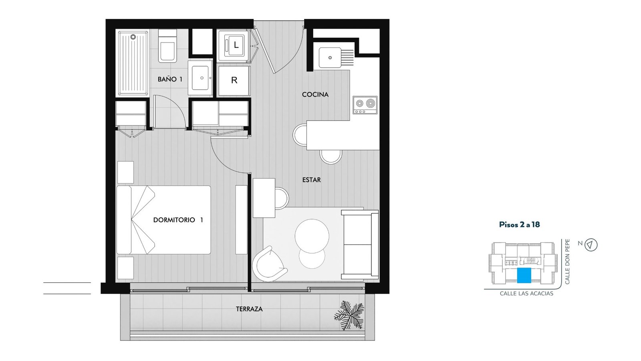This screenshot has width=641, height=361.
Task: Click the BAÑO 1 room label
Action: click(x=170, y=79)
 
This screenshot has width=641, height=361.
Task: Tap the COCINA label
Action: click(x=315, y=95)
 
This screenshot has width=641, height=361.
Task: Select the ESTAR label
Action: click(x=311, y=180)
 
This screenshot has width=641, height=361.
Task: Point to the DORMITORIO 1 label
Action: click(x=178, y=220)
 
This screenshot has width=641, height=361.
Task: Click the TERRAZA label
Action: click(x=249, y=309)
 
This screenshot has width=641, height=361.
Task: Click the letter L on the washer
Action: click(x=236, y=45)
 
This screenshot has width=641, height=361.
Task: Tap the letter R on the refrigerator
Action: click(x=234, y=80)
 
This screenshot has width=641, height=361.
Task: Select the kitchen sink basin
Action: click(x=330, y=58)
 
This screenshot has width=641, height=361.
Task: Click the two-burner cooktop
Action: click(x=365, y=105)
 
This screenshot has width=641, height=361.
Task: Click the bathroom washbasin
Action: click(x=200, y=78)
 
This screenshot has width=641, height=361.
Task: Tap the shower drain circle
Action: click(x=133, y=37)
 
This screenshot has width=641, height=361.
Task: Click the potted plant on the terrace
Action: click(x=349, y=315)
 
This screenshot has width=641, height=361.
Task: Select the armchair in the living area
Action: click(x=269, y=264)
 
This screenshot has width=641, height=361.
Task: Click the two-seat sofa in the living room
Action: click(x=360, y=244)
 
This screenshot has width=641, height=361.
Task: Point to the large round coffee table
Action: click(x=312, y=236)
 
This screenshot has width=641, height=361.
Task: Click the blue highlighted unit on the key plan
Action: click(x=524, y=276)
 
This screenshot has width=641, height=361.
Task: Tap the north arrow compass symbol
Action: click(x=591, y=245)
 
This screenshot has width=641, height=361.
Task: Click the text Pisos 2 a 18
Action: click(x=519, y=224)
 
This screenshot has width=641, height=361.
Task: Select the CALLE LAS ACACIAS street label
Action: click(x=526, y=294)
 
